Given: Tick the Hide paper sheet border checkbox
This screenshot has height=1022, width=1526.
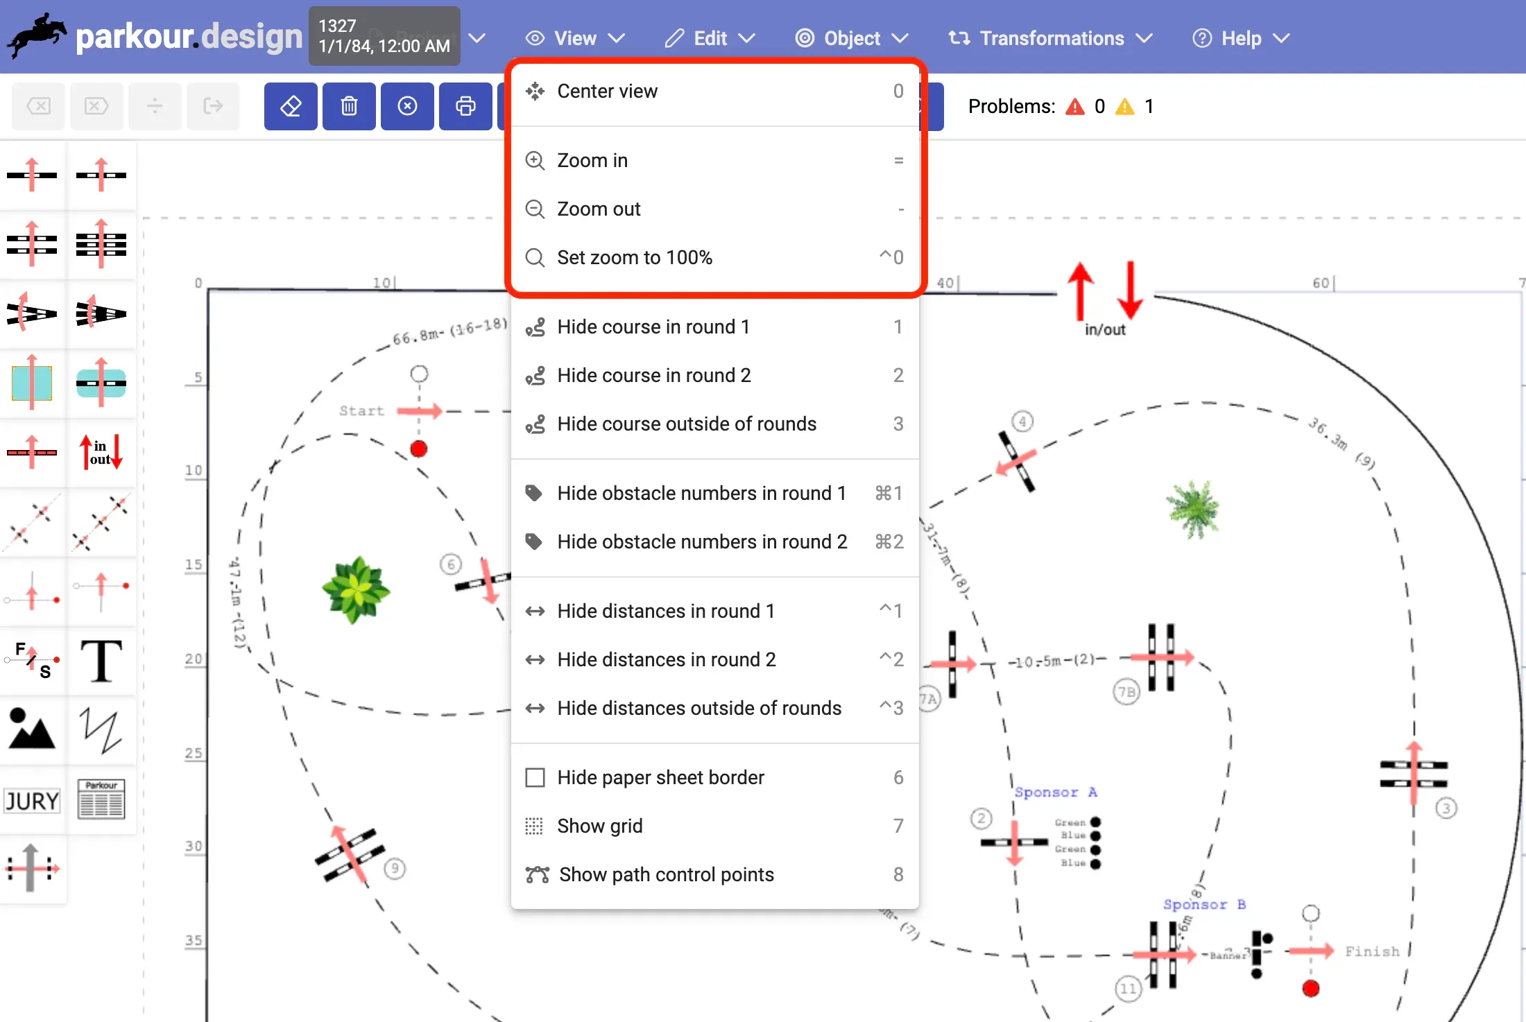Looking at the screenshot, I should pyautogui.click(x=535, y=777).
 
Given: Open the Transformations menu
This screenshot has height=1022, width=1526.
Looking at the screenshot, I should pyautogui.click(x=1050, y=38).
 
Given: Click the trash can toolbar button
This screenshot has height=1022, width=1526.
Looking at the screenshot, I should pyautogui.click(x=349, y=106).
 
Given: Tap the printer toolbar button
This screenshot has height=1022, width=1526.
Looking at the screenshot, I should pyautogui.click(x=465, y=106).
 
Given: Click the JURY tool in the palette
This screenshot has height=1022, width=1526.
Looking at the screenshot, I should pyautogui.click(x=32, y=801).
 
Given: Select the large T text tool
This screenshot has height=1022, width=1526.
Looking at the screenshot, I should pyautogui.click(x=101, y=661).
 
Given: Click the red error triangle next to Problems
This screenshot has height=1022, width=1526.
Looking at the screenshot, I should pyautogui.click(x=1075, y=107).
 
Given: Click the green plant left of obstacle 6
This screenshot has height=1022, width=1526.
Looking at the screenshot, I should pyautogui.click(x=356, y=589).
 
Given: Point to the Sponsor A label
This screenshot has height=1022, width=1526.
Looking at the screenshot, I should pyautogui.click(x=1055, y=792).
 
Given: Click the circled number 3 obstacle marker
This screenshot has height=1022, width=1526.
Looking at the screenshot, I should pyautogui.click(x=1446, y=808).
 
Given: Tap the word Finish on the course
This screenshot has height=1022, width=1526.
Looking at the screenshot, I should pyautogui.click(x=1372, y=951).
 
